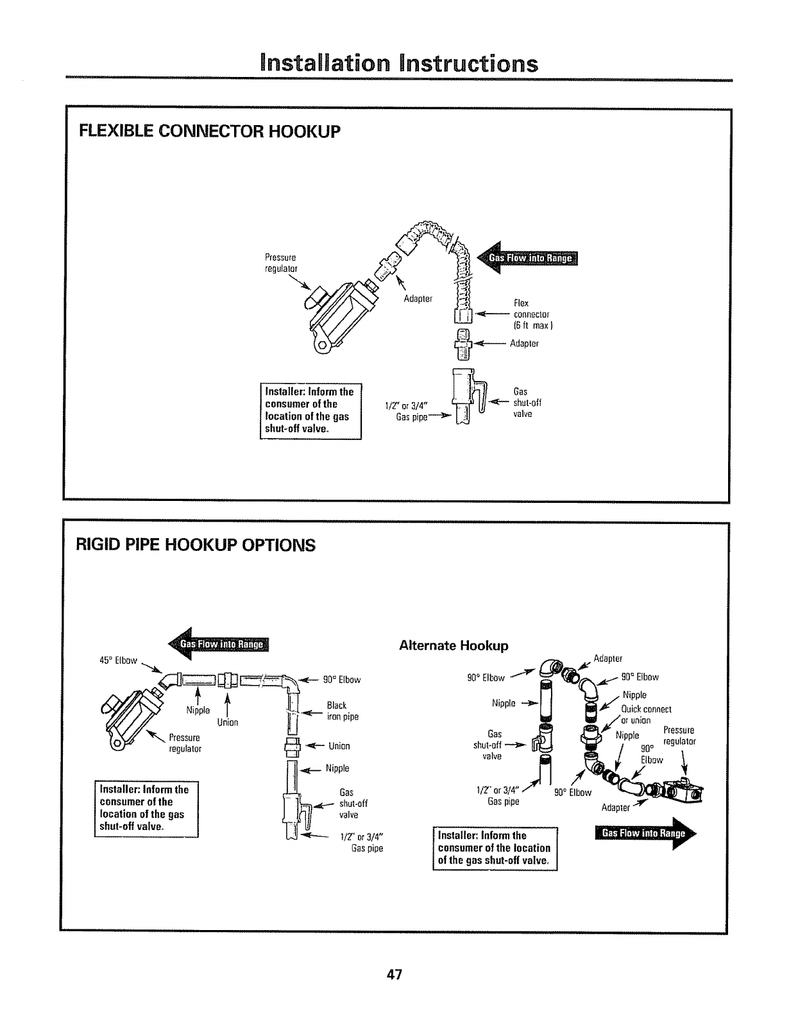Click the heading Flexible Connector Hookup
[208, 131]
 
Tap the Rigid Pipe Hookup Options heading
[196, 545]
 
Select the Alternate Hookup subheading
[454, 645]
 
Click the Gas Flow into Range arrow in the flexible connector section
[529, 258]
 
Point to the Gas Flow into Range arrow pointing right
[644, 834]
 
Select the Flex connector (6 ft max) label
[532, 314]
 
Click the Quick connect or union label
[645, 715]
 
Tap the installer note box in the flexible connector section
[310, 411]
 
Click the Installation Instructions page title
[398, 63]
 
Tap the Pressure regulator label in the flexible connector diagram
[281, 263]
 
